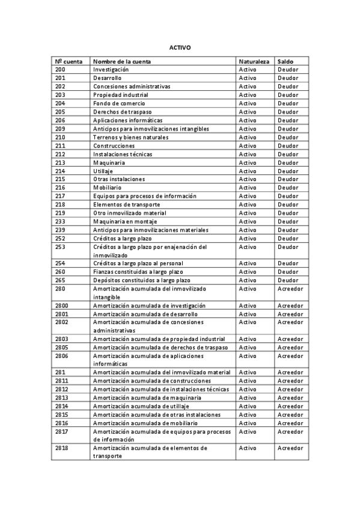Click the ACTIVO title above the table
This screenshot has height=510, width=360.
(x=180, y=48)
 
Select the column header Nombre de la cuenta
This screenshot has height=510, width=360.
(x=122, y=61)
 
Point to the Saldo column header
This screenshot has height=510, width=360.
(x=285, y=61)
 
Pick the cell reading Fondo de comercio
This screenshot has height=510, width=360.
(x=119, y=103)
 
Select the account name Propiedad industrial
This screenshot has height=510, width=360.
(x=120, y=95)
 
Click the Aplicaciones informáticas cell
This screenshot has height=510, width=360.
(x=127, y=120)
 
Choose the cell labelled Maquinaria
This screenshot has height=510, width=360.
(x=109, y=162)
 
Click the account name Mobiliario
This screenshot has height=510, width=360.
(x=107, y=188)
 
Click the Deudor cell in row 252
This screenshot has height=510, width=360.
(x=288, y=238)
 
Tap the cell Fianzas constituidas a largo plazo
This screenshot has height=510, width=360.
(x=138, y=272)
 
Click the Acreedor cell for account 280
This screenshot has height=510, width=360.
(x=290, y=289)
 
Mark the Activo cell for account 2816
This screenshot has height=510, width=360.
(x=248, y=423)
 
